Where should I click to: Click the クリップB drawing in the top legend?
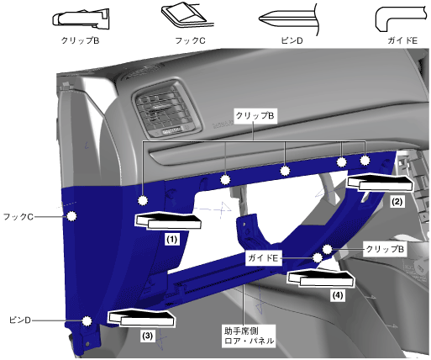point(81,19)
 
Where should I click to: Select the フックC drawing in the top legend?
point(184,15)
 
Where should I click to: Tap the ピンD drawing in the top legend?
point(290,19)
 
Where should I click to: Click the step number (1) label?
point(171,240)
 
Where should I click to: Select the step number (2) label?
point(397,201)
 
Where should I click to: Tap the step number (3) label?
point(148,335)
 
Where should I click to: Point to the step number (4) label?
point(338,295)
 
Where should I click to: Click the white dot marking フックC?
point(72,216)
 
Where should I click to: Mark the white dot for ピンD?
point(87,320)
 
